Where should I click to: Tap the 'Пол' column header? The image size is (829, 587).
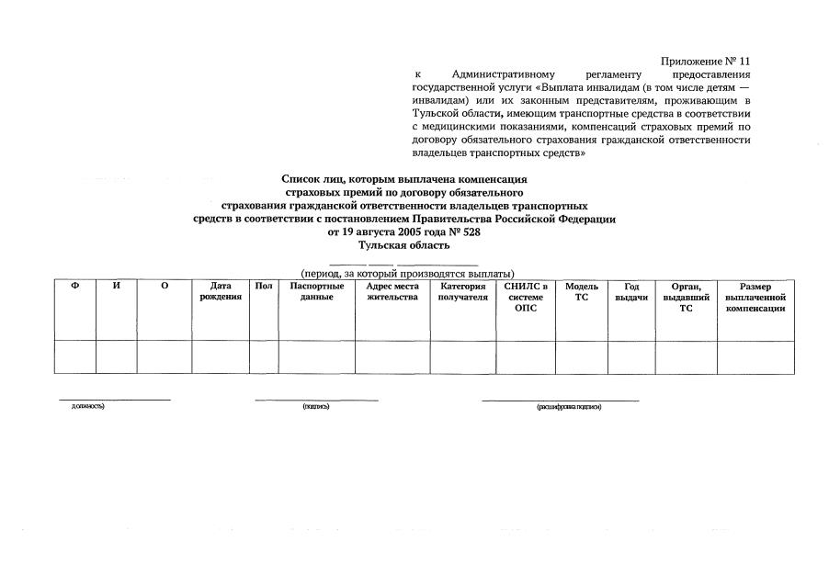(264, 287)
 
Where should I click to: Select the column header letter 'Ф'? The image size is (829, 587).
(74, 287)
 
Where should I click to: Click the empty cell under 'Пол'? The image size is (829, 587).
(264, 356)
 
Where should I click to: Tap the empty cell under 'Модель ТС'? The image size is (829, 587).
(581, 356)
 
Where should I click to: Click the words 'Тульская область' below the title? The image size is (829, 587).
(403, 245)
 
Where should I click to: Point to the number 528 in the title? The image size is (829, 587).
(470, 232)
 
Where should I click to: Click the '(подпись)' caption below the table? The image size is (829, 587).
(316, 407)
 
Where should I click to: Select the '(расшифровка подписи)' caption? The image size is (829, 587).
(569, 407)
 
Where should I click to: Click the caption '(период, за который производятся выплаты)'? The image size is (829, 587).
(407, 273)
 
